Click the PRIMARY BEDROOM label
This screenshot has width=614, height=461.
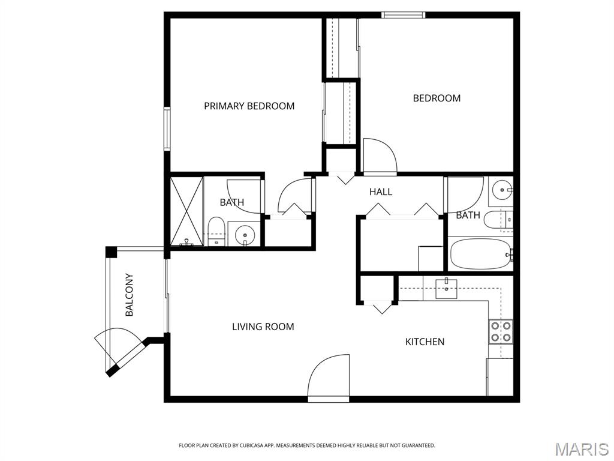click(249, 106)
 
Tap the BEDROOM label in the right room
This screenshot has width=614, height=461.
click(437, 98)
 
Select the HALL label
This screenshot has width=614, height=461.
click(381, 191)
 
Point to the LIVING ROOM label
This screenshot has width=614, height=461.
click(263, 327)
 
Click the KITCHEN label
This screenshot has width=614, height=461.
click(425, 342)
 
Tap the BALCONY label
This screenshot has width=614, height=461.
click(129, 295)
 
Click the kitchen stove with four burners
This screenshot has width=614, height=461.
click(501, 331)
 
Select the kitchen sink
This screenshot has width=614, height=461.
click(447, 288)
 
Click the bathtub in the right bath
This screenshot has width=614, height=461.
click(480, 255)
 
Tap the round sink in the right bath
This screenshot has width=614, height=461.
click(500, 191)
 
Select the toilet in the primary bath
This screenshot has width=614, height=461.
click(216, 231)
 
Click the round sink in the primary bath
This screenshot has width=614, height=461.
click(244, 234)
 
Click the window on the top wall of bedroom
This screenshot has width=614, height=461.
click(404, 15)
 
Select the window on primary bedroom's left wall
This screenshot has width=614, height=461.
click(167, 128)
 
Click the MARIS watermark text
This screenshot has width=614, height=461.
click(581, 449)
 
